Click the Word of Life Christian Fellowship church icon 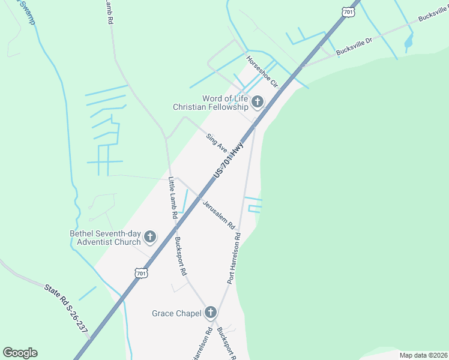258,102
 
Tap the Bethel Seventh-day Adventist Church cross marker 149,238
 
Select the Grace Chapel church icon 210,313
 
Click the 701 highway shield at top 349,11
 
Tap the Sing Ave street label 217,143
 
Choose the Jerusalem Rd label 218,214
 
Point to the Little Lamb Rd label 173,197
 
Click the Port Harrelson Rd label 234,259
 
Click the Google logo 20,353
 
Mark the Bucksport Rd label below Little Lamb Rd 179,256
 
